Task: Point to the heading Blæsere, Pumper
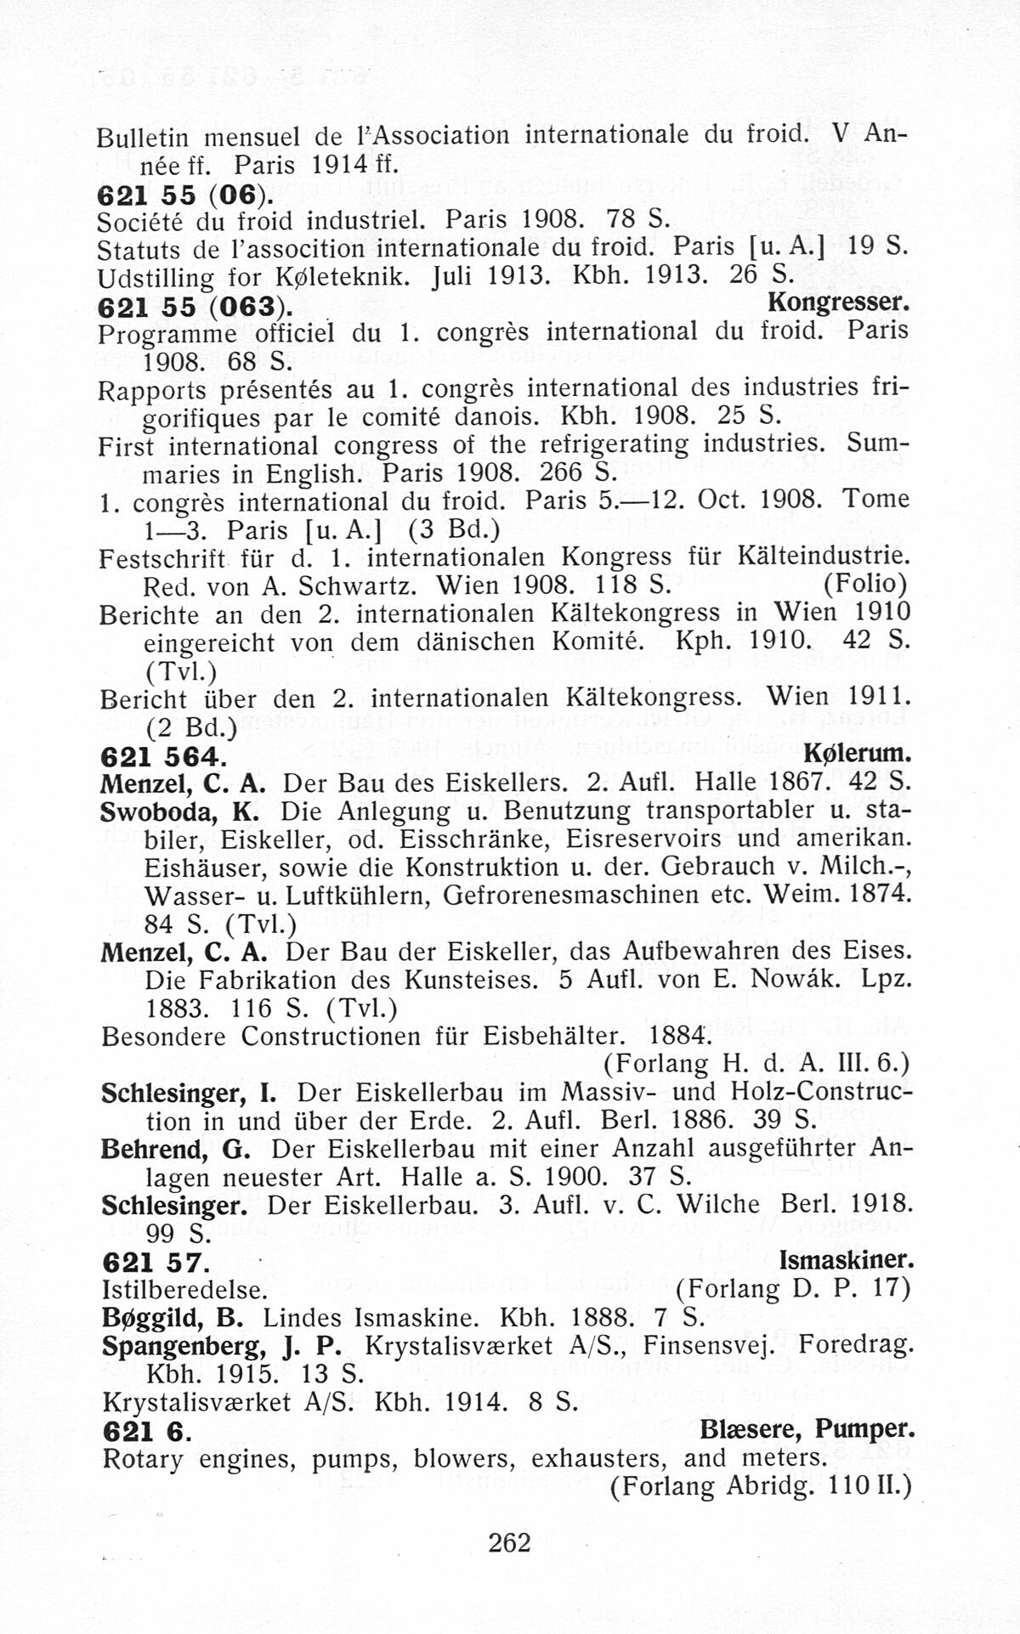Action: pyautogui.click(x=807, y=1430)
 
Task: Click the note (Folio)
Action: pyautogui.click(x=865, y=585)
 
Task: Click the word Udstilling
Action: pyautogui.click(x=144, y=277)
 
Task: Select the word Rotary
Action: pyautogui.click(x=142, y=1460)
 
